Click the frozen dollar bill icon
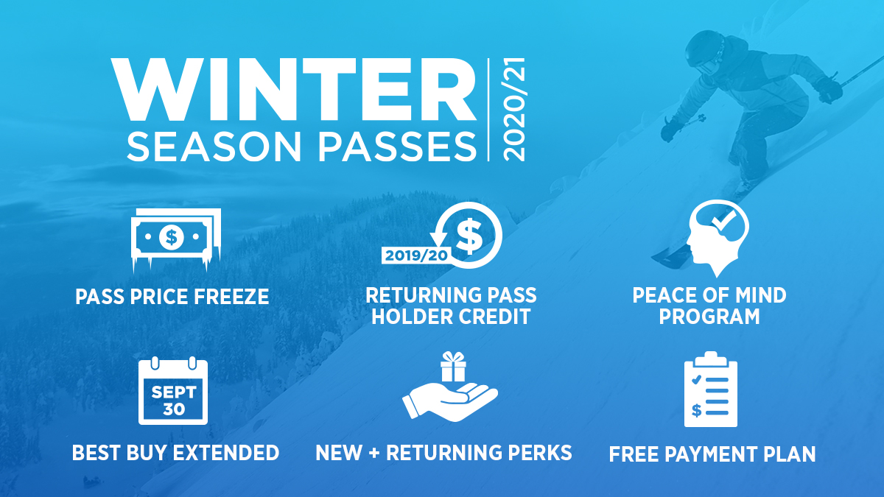tap(173, 237)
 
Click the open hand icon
tap(449, 401)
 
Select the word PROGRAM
tap(709, 317)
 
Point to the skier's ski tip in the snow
tap(663, 255)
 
